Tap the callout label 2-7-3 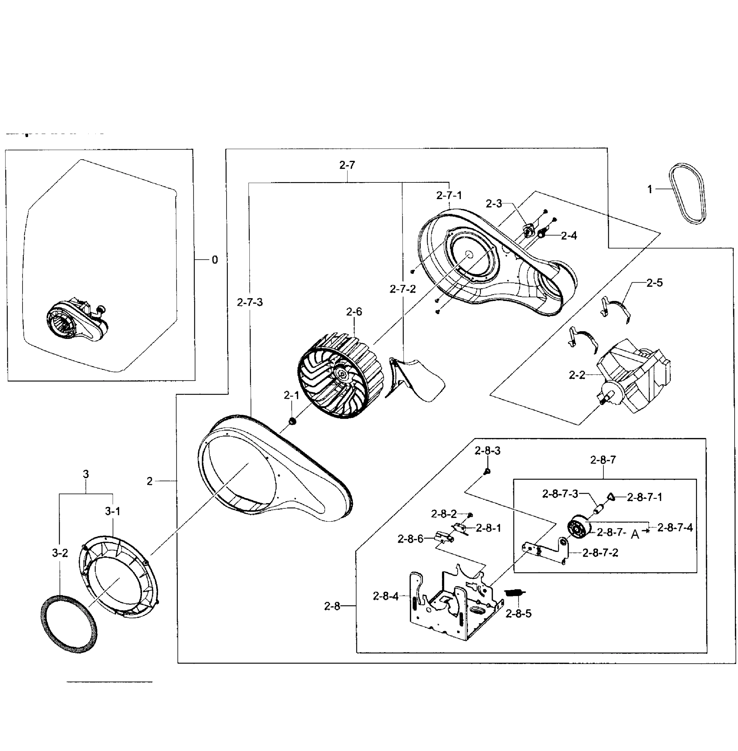point(250,302)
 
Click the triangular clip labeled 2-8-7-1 point(611,496)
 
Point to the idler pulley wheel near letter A point(578,528)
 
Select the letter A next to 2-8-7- point(635,535)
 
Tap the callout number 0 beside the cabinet point(215,260)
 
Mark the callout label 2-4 point(569,236)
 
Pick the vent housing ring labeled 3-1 point(120,574)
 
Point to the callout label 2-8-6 point(410,539)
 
